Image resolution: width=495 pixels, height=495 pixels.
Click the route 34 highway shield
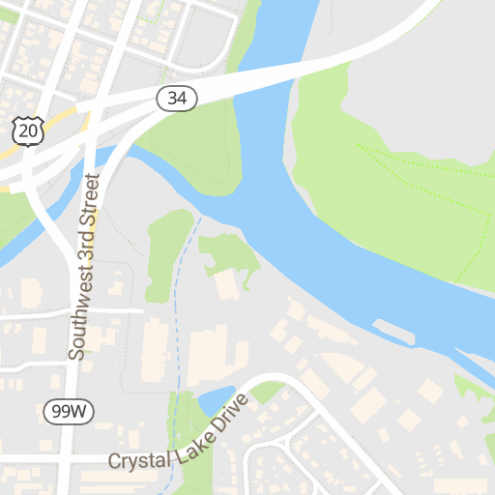177,98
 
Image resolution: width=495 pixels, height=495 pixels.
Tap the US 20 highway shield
28,131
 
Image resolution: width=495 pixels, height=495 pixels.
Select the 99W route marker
70,412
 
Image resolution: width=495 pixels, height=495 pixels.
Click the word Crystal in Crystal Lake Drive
138,461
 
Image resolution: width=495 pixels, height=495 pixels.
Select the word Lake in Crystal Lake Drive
189,445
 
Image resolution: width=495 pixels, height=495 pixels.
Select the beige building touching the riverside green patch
226,285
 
